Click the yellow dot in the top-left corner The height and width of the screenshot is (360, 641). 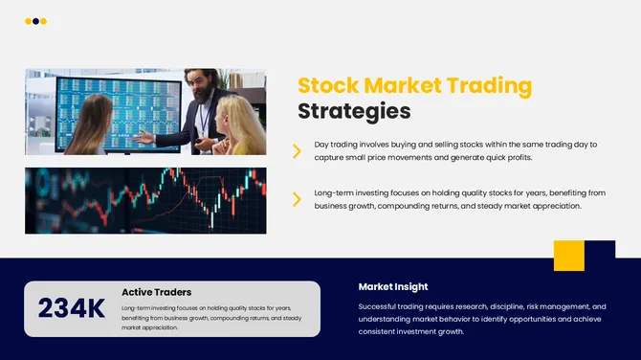click(x=28, y=21)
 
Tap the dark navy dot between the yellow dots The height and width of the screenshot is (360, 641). click(x=35, y=21)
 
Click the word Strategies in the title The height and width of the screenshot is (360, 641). click(x=354, y=111)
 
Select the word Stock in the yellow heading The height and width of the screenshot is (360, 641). click(x=329, y=85)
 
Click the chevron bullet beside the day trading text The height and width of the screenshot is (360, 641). click(x=297, y=149)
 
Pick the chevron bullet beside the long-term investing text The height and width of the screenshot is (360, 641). click(x=297, y=199)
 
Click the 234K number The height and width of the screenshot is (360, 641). click(x=72, y=308)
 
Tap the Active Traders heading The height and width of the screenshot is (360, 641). click(x=156, y=292)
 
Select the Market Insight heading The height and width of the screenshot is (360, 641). click(x=393, y=286)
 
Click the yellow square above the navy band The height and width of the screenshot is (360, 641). click(x=568, y=256)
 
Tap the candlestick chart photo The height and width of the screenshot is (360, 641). click(x=145, y=200)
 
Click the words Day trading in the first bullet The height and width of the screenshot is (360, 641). click(x=337, y=144)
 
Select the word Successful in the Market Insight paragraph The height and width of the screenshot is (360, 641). click(x=383, y=306)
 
